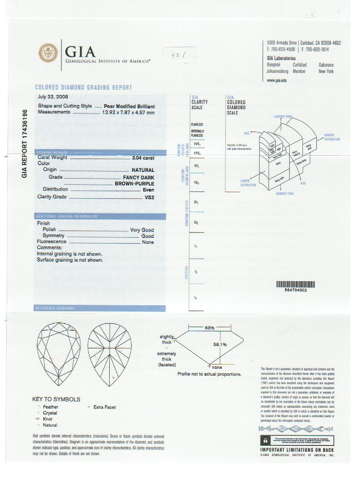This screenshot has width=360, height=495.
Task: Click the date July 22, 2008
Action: point(53,97)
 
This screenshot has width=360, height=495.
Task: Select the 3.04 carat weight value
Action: point(143,158)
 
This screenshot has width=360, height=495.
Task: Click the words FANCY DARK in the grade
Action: point(138,177)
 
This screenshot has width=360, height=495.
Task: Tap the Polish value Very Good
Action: point(141,230)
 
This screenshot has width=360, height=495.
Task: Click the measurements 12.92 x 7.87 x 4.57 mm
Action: point(128,112)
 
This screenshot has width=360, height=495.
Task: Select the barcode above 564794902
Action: point(296,285)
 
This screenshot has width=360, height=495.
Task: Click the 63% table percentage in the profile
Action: point(210,328)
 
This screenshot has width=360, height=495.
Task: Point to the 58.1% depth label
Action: point(220,344)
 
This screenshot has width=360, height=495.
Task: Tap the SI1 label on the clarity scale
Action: point(196,202)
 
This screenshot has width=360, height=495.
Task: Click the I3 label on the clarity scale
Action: point(195,298)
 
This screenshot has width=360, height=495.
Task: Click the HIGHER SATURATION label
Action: point(332,137)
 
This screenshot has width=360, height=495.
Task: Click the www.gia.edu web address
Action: point(277,80)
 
